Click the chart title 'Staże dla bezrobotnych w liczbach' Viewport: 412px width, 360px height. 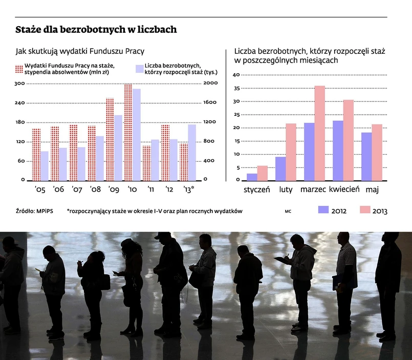tap(96, 30)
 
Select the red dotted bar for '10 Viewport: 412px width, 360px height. tap(128, 132)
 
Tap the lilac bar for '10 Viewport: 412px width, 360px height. tap(137, 135)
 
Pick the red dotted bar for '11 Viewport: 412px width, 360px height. tap(146, 163)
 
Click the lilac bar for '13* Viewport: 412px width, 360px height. tap(192, 152)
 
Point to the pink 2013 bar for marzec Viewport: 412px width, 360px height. tap(319, 133)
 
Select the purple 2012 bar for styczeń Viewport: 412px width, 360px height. tap(252, 177)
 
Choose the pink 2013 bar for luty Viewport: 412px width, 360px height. tap(291, 152)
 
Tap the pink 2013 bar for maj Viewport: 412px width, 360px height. tap(377, 152)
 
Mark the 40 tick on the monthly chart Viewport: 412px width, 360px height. tap(236, 75)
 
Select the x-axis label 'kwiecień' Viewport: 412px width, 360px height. tap(344, 190)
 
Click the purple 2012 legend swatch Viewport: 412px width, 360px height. tap(323, 210)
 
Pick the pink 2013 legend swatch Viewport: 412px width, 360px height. tap(364, 210)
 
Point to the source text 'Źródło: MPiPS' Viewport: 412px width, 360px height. tap(32, 210)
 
